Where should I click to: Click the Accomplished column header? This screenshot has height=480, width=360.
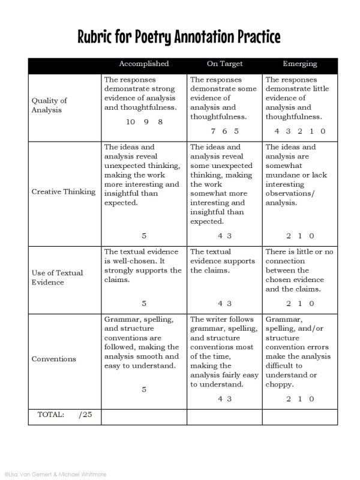click(x=144, y=64)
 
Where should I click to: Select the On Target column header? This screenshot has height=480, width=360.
click(x=221, y=64)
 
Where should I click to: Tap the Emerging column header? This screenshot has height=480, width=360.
click(x=300, y=64)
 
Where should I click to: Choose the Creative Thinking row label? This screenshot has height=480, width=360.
click(x=64, y=192)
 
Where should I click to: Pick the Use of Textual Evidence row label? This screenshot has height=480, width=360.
click(x=57, y=277)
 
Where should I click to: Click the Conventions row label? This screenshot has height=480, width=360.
click(x=54, y=359)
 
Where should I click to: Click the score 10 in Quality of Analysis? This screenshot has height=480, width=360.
click(x=131, y=122)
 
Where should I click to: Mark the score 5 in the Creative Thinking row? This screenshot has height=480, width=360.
click(x=144, y=236)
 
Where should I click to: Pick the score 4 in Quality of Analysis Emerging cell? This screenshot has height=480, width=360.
click(x=269, y=131)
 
